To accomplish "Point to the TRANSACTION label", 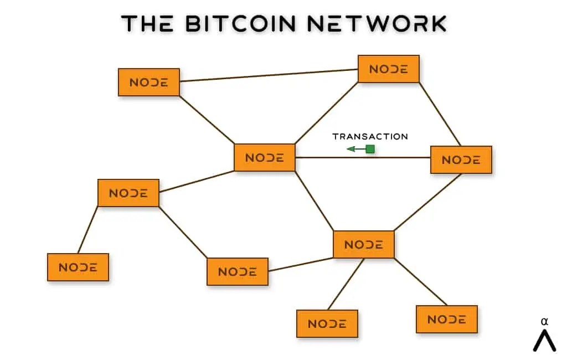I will (370, 136).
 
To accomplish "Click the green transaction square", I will (370, 149).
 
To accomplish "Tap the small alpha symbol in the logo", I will (544, 321).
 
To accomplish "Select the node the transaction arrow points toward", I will (265, 158).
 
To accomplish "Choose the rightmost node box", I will (461, 160).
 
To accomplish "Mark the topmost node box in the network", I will (389, 69).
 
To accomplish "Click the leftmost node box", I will (78, 267).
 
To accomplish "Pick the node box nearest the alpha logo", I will (446, 320).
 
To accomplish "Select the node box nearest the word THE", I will (149, 83).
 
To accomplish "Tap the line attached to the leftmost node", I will (88, 229).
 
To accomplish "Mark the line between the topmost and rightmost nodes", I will (440, 114).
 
